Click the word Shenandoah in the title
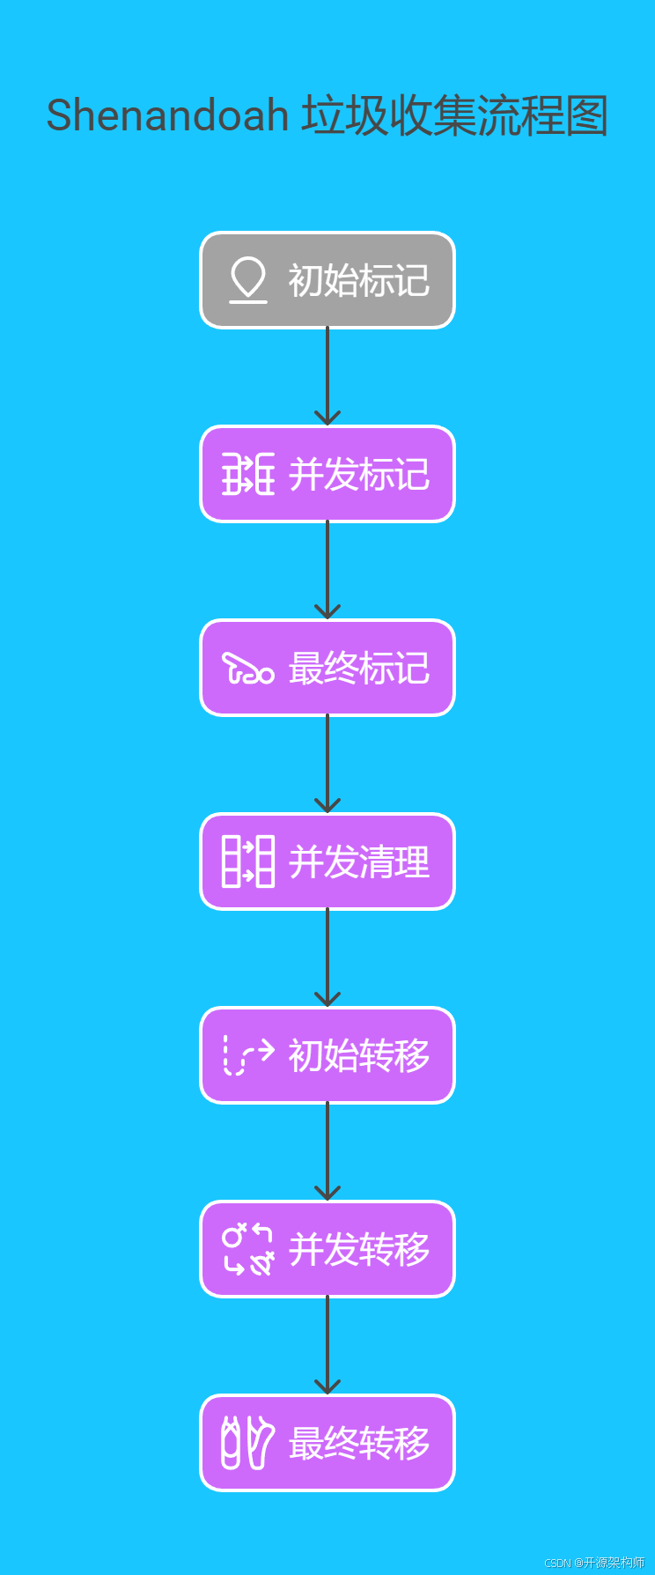coord(167,115)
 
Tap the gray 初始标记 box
coord(327,280)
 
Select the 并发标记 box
coord(327,474)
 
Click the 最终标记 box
coord(327,668)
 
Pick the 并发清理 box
coord(327,861)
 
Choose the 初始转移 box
coord(327,1055)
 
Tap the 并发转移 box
coord(327,1249)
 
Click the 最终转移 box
coord(327,1443)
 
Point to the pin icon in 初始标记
coord(247,279)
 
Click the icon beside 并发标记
coord(247,474)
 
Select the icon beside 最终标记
coord(247,669)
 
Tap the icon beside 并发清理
coord(247,861)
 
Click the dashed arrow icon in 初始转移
coord(247,1055)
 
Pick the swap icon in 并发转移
coord(247,1249)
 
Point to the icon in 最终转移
coord(247,1443)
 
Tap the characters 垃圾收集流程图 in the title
coord(455,115)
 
